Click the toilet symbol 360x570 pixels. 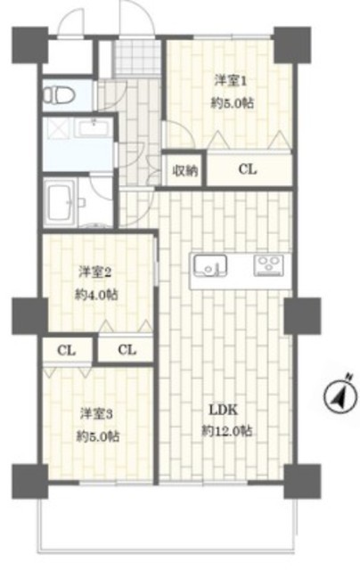[x=59, y=95]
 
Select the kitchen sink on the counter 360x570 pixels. [x=210, y=266]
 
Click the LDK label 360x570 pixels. [x=223, y=411]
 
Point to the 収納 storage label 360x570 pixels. [x=185, y=170]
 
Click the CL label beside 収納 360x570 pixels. [x=248, y=169]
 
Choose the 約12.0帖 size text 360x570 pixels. [x=227, y=431]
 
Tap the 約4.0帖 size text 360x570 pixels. [x=96, y=295]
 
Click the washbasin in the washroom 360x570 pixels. [x=94, y=128]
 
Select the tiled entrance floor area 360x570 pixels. [x=137, y=57]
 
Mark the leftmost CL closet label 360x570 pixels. [x=67, y=351]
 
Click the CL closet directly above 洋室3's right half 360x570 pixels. [x=127, y=350]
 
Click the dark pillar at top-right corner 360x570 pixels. [x=292, y=45]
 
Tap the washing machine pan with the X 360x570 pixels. [x=58, y=128]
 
